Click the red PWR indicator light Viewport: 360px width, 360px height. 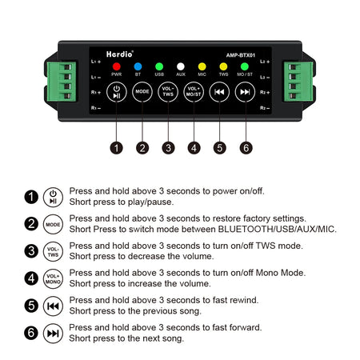pyautogui.click(x=117, y=66)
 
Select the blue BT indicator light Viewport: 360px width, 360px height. pyautogui.click(x=138, y=66)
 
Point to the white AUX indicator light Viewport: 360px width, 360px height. pyautogui.click(x=181, y=66)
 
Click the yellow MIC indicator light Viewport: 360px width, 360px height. pyautogui.click(x=202, y=66)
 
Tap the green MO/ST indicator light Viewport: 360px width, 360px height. pyautogui.click(x=244, y=66)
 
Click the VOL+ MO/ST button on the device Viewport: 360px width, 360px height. pyautogui.click(x=193, y=91)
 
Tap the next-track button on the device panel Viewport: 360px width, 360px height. pyautogui.click(x=244, y=91)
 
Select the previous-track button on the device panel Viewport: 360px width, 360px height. pyautogui.click(x=218, y=91)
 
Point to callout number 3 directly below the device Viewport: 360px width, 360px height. pyautogui.click(x=167, y=147)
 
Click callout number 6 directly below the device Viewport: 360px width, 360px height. pyautogui.click(x=245, y=147)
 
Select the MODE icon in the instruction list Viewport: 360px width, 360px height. pyautogui.click(x=53, y=224)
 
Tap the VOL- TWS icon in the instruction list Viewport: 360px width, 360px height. pyautogui.click(x=53, y=251)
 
